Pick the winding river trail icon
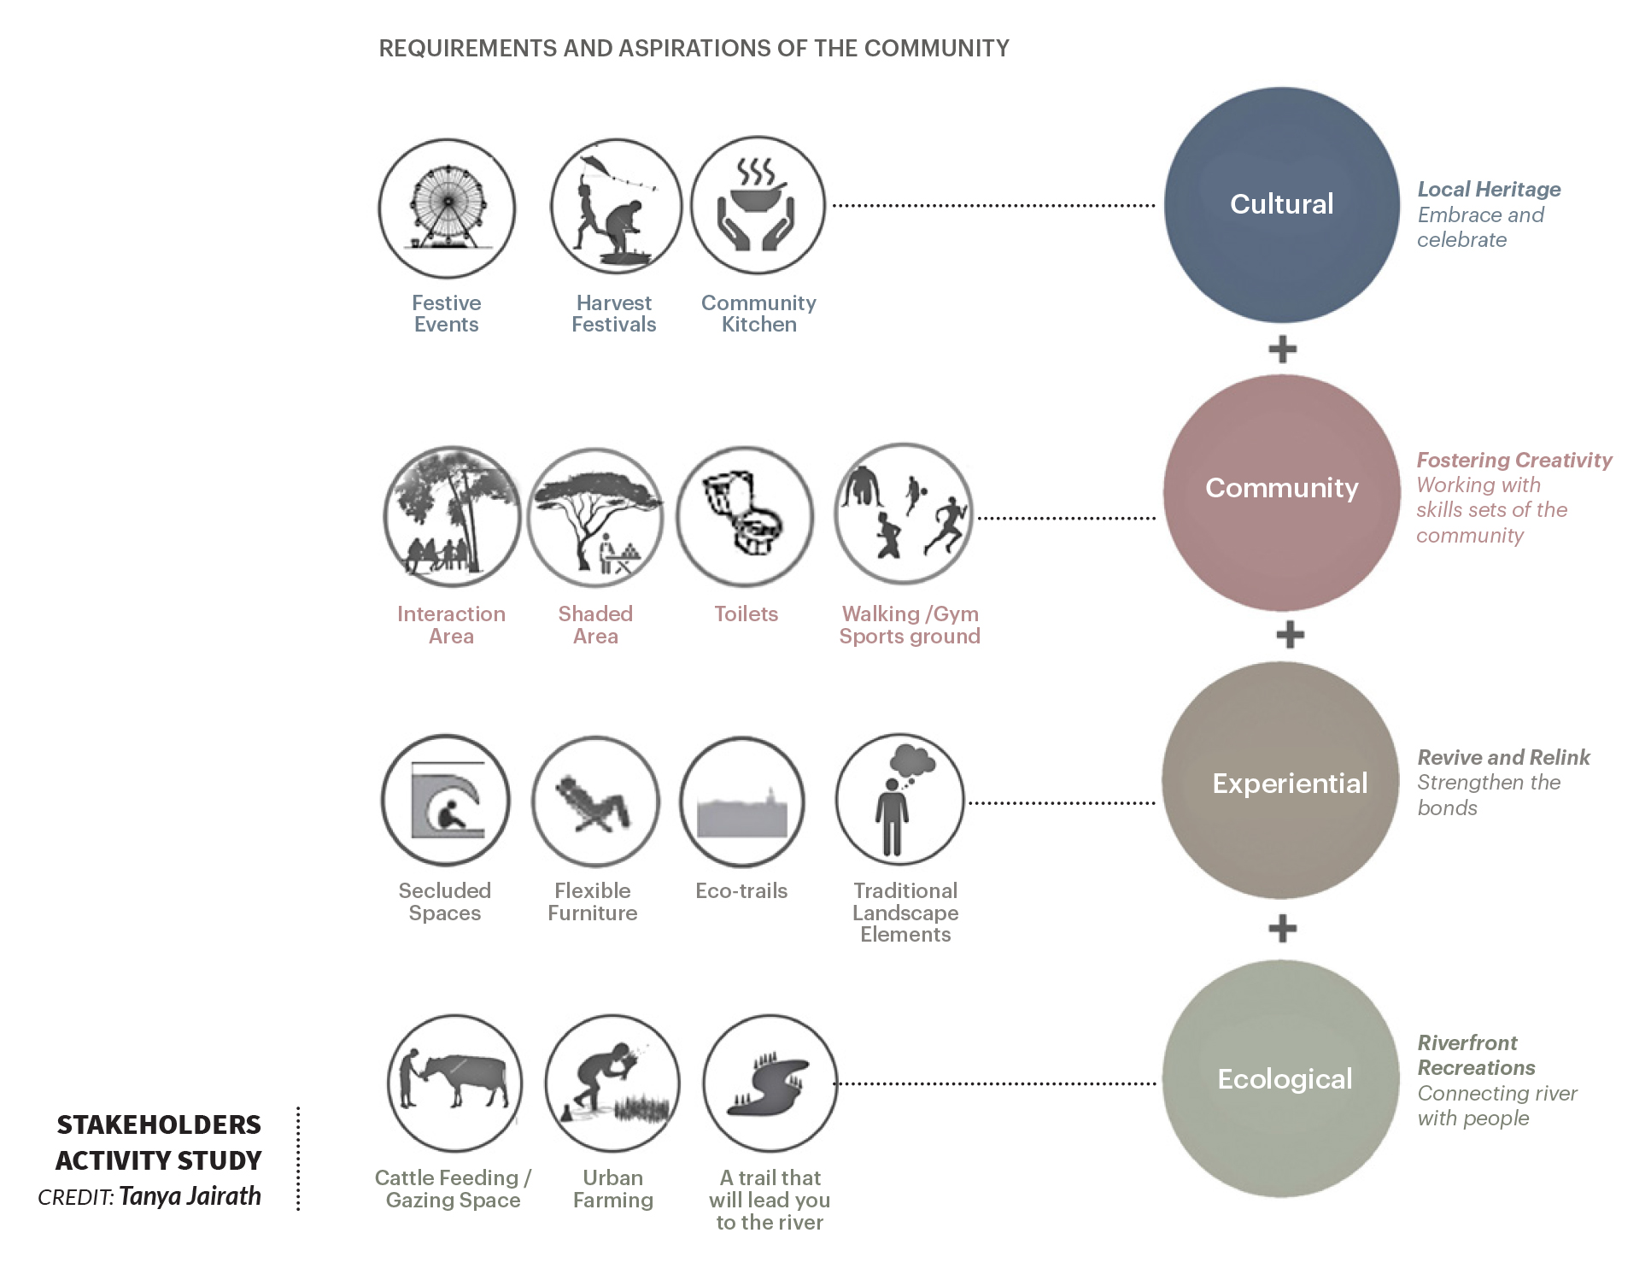[767, 1085]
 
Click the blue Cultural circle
[1281, 205]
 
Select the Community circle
[1281, 492]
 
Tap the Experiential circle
[1281, 780]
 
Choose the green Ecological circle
[1281, 1078]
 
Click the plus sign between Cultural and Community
[1282, 349]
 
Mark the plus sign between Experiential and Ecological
[1282, 928]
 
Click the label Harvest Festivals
[613, 314]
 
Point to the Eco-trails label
[741, 890]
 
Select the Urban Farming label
[613, 1189]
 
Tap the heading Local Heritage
[1489, 189]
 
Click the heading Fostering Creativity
[1514, 460]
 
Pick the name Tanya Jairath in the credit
[190, 1195]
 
